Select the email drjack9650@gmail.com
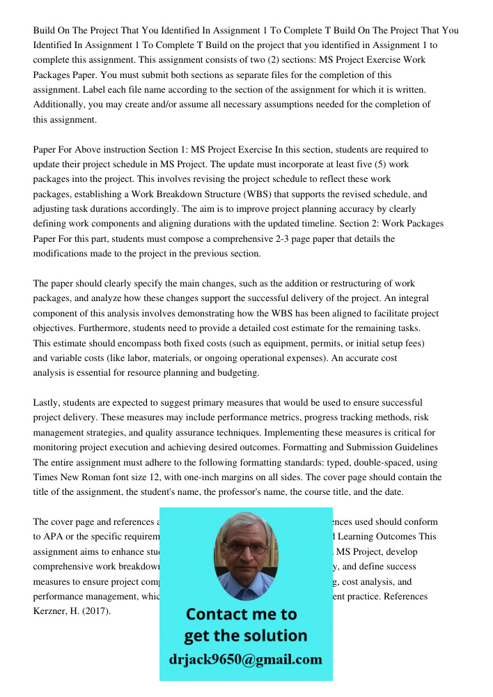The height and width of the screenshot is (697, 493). (246, 659)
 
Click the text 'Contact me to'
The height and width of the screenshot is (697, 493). (242, 614)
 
